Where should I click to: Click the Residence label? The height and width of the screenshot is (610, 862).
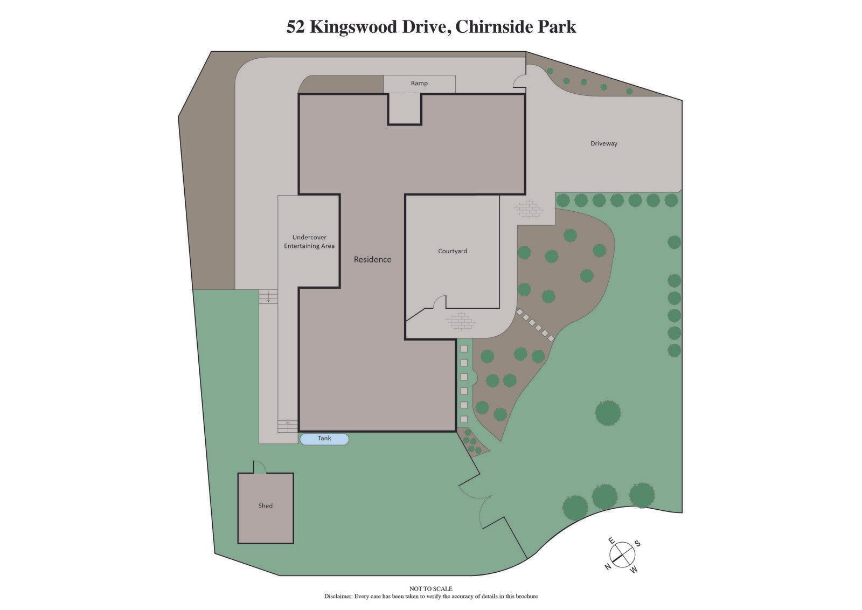[372, 259]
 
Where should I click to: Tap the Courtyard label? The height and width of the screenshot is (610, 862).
[452, 251]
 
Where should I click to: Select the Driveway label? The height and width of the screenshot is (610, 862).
[603, 143]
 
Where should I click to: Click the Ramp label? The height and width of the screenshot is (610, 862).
[419, 83]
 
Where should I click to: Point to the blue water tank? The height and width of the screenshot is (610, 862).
[324, 439]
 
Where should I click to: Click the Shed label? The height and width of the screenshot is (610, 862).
[265, 505]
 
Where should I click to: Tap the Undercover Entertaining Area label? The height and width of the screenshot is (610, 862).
[309, 241]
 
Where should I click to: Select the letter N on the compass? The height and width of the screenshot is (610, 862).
[607, 567]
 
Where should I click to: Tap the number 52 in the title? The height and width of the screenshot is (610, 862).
[296, 27]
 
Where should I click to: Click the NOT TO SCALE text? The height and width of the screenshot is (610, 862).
[431, 589]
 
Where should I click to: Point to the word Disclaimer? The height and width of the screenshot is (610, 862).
[338, 597]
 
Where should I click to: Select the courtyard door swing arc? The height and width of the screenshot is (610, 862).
[440, 302]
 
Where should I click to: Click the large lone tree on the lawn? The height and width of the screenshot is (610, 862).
[608, 413]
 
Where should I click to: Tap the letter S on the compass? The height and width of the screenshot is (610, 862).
[637, 544]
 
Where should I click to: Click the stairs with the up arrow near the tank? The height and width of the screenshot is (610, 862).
[288, 426]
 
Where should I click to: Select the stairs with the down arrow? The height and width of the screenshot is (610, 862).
[268, 296]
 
